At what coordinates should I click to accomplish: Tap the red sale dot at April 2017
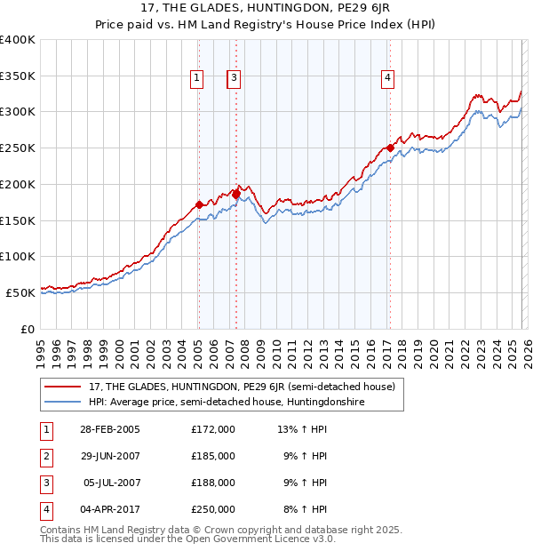pyautogui.click(x=390, y=148)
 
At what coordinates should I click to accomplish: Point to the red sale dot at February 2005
pyautogui.click(x=199, y=204)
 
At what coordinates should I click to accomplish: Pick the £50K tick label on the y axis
pyautogui.click(x=21, y=292)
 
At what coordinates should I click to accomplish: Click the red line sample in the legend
pyautogui.click(x=64, y=387)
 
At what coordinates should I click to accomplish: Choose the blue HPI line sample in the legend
pyautogui.click(x=64, y=402)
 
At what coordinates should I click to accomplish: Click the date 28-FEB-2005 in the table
pyautogui.click(x=109, y=429)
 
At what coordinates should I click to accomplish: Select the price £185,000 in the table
pyautogui.click(x=212, y=456)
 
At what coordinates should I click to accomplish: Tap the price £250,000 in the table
pyautogui.click(x=212, y=509)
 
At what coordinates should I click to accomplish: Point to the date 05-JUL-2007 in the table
pyautogui.click(x=109, y=483)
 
